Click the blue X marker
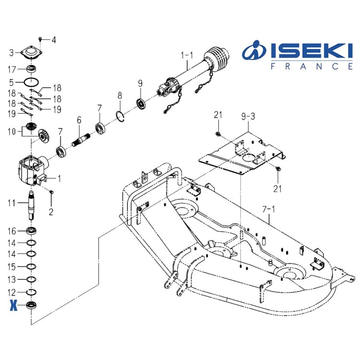click(x=13, y=306)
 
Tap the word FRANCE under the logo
click(x=311, y=66)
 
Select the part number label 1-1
click(x=187, y=55)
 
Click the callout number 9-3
click(x=248, y=117)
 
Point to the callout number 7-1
click(x=268, y=209)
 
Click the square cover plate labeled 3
click(x=31, y=53)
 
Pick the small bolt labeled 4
click(x=40, y=39)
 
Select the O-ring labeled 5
click(x=31, y=82)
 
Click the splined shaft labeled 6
click(x=81, y=139)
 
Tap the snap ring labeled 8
click(x=120, y=117)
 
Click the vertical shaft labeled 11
click(x=31, y=206)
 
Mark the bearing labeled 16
click(x=31, y=230)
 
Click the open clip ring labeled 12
click(x=31, y=292)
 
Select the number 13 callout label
click(x=12, y=279)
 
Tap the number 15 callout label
click(x=12, y=267)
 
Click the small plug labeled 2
click(x=51, y=192)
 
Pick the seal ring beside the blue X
click(x=31, y=305)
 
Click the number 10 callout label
click(x=12, y=131)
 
